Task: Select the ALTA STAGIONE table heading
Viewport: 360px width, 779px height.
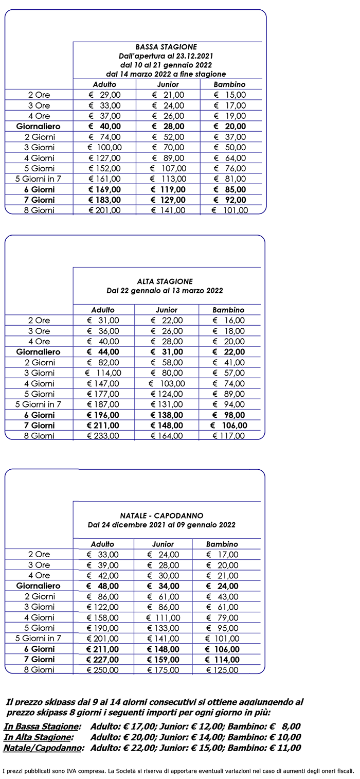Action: pos(165,281)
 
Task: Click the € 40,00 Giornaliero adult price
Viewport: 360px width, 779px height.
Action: pos(104,127)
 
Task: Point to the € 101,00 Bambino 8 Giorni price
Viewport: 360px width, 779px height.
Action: pos(230,210)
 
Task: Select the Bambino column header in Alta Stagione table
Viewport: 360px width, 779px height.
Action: pos(228,310)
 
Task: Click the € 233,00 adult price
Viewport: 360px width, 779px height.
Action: pos(103,436)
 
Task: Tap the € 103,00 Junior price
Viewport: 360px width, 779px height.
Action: pos(166,383)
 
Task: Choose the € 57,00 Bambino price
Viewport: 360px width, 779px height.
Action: pos(229,373)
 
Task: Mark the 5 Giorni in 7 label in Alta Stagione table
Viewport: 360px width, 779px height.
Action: pos(39,404)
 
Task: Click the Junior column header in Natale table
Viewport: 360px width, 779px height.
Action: pos(163,544)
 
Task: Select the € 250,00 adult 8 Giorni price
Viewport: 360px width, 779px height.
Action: pos(103,670)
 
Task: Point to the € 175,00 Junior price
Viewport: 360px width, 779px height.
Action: pos(163,670)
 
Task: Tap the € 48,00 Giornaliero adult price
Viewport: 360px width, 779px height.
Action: pos(103,586)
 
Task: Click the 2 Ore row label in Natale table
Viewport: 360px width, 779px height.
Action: pos(39,555)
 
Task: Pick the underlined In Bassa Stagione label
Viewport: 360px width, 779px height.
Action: pos(42,727)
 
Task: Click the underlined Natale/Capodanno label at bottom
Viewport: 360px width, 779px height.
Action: pos(43,748)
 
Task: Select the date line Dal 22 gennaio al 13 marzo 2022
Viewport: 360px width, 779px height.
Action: pos(165,291)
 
